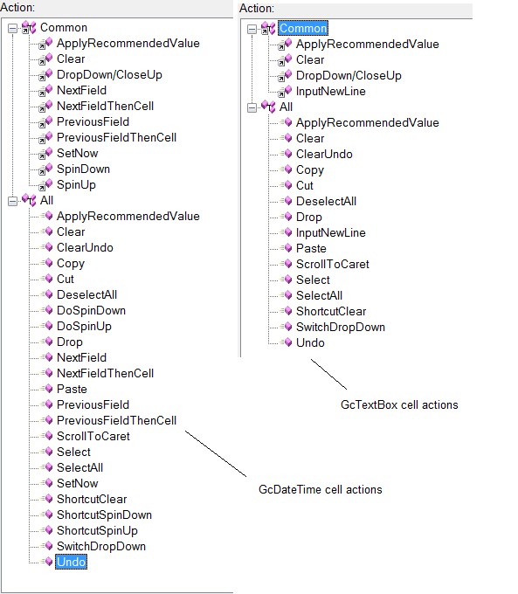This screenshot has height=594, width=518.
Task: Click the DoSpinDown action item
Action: coord(91,310)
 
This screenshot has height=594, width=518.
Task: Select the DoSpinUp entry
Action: coord(84,326)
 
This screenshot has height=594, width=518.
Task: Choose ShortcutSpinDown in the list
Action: coord(104,515)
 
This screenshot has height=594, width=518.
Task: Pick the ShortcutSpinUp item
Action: coord(97,530)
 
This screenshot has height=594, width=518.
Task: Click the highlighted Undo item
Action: coord(72,562)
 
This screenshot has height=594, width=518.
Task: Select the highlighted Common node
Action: coord(303,29)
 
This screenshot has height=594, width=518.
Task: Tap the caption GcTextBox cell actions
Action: coord(399,405)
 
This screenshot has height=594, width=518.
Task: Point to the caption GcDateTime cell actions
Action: coord(321,489)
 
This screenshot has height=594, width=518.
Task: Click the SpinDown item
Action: coord(83,169)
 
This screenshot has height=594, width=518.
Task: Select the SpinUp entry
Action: coord(76,185)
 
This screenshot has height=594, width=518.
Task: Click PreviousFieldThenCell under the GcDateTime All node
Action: coord(116,420)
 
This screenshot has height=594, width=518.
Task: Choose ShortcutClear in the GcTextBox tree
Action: coord(331,311)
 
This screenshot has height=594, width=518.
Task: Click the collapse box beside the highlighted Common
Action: coord(252,29)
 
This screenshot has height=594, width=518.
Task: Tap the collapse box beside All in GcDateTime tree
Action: coord(12,201)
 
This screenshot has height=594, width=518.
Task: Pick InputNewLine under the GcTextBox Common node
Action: coord(330,92)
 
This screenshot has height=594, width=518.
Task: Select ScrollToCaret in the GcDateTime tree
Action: coord(93,437)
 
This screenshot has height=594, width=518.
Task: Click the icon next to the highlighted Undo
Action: coord(48,562)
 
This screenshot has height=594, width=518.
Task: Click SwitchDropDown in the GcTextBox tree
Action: coord(341,327)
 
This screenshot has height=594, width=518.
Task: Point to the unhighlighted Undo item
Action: coord(310,342)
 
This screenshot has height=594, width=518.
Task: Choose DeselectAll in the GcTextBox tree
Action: coord(326,201)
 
